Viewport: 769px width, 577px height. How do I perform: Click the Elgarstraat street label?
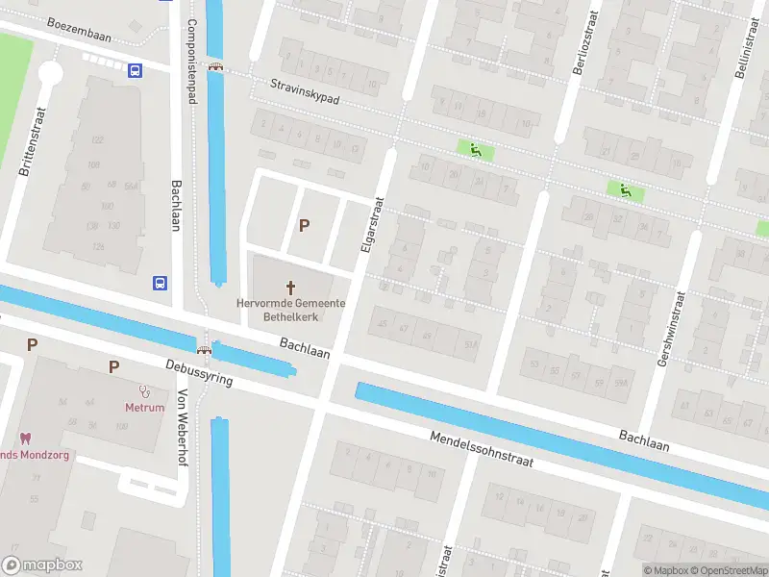coord(372,224)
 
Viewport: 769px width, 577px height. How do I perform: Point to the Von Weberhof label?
coord(182,426)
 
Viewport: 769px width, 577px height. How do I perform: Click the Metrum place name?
coord(144,407)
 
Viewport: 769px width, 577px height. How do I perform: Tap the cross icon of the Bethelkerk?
coord(291,287)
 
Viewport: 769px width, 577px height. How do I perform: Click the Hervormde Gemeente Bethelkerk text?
coord(291,309)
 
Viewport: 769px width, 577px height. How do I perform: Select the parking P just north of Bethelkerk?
coord(305,226)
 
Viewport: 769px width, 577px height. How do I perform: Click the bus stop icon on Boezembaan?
coord(135,69)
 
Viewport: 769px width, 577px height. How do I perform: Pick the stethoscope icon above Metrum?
coord(146,390)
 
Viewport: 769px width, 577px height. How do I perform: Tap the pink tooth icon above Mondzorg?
coord(25,439)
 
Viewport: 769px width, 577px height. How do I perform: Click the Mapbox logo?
coord(42,564)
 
